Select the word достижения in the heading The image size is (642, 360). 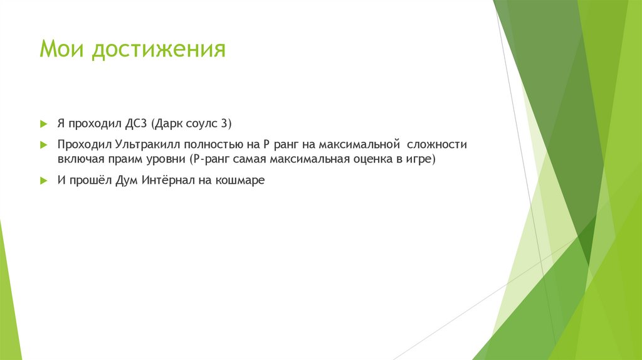(x=158, y=50)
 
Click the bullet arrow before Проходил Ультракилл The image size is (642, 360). (x=43, y=144)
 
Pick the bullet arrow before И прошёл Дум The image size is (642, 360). (x=43, y=181)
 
